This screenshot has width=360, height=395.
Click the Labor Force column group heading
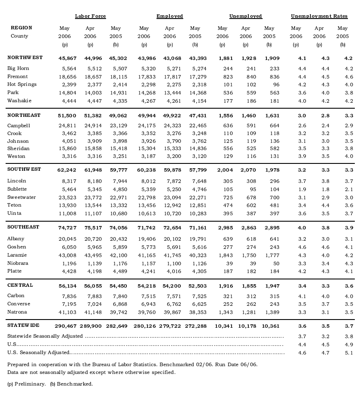point(90,16)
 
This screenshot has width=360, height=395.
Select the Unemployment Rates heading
point(319,16)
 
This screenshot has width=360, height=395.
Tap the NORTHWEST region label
point(25,58)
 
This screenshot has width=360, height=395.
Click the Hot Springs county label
point(22,85)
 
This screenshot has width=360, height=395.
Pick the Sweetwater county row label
point(22,197)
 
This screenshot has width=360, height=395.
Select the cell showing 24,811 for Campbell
point(67,125)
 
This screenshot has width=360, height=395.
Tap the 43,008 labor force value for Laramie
point(67,255)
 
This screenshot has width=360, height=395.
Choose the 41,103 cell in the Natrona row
point(67,312)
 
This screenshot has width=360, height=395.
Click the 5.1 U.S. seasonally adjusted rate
point(343,353)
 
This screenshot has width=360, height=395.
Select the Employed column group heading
point(169,16)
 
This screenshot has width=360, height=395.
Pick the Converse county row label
point(19,304)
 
